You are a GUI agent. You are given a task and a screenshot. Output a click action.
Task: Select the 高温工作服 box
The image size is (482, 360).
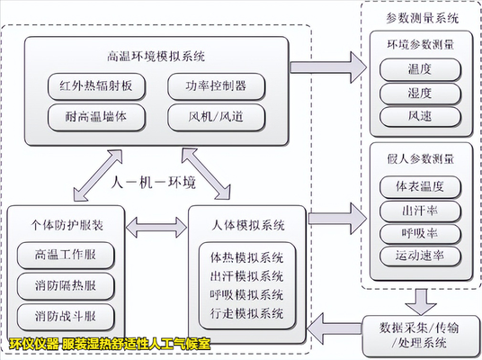pos(64,256)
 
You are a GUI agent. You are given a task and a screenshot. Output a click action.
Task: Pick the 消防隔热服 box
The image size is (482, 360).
pos(64,286)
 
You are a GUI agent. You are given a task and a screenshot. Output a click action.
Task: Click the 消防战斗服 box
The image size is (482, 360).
pos(64,317)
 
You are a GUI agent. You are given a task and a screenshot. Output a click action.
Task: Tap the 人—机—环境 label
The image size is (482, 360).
pos(155,184)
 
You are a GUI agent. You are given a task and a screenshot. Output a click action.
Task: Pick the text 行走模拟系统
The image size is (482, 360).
pos(246,314)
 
